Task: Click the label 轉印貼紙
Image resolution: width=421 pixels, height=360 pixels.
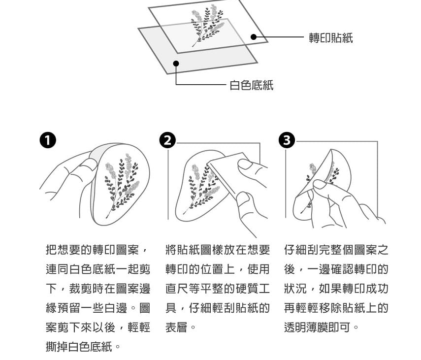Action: [331, 38]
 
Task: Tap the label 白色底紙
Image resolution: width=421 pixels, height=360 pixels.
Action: [252, 85]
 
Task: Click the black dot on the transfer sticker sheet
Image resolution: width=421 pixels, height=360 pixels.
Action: [254, 37]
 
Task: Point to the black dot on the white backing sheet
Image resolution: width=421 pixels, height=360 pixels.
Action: [176, 64]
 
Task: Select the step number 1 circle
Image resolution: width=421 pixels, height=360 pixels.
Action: [48, 140]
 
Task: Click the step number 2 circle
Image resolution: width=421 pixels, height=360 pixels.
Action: [167, 140]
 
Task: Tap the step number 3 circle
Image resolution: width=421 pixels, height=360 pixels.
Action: [287, 140]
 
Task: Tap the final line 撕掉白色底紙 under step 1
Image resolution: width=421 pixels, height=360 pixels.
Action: [79, 346]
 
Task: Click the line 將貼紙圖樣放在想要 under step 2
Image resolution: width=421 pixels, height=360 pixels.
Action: [218, 250]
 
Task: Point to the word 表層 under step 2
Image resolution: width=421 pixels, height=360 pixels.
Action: [176, 327]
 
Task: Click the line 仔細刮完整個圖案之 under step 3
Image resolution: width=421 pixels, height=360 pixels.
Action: [336, 250]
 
